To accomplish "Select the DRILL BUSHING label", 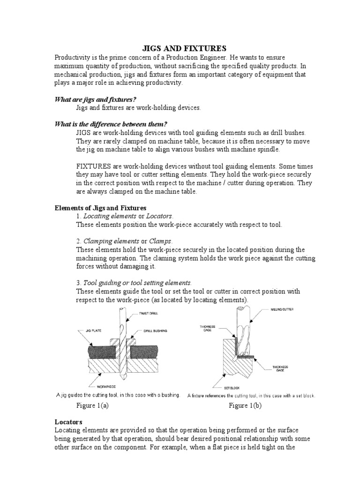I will [x=154, y=330].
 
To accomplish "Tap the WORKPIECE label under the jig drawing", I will [x=107, y=387].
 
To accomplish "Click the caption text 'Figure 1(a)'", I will [x=92, y=406].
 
